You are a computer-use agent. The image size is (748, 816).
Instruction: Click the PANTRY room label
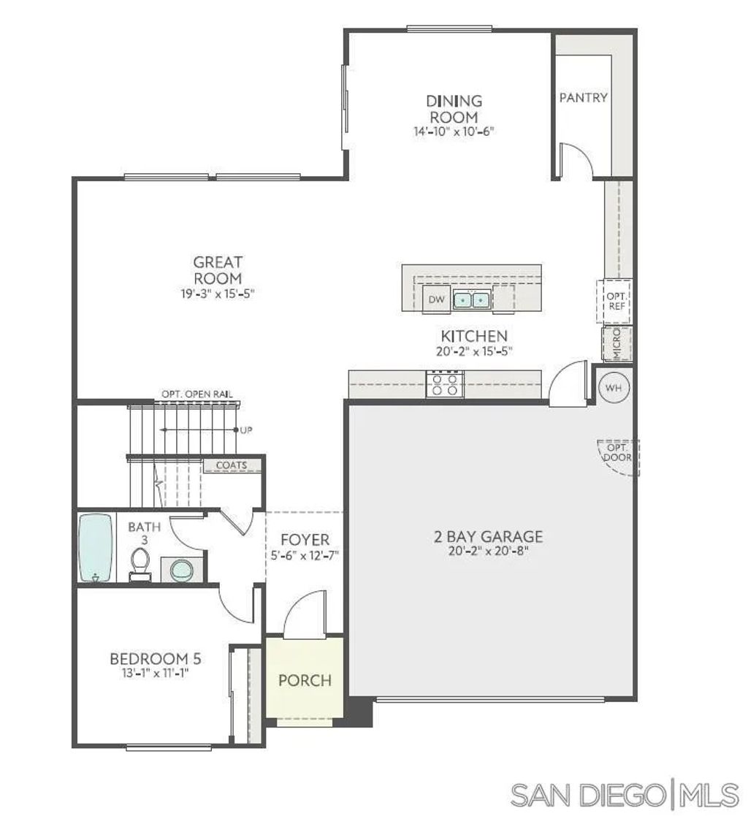(583, 97)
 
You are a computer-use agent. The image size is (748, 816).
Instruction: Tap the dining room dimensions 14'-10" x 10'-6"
(454, 132)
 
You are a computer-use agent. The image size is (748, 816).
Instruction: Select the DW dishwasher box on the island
(437, 300)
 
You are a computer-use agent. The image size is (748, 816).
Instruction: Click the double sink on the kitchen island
(471, 299)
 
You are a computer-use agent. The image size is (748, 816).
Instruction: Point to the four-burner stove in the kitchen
(445, 384)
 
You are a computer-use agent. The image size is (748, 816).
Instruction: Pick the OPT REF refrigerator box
(616, 301)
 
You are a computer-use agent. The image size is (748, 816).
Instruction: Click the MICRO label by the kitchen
(616, 344)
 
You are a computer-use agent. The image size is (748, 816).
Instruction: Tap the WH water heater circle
(613, 388)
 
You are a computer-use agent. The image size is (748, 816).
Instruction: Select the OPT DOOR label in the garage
(617, 452)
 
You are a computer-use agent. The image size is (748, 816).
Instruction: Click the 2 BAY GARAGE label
(489, 537)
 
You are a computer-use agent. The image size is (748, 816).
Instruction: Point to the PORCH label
(305, 680)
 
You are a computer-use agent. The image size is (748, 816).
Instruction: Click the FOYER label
(305, 540)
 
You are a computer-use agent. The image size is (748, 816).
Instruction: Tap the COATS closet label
(231, 465)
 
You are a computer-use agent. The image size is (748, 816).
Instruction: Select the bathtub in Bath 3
(96, 548)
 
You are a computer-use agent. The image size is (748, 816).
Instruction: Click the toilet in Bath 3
(140, 563)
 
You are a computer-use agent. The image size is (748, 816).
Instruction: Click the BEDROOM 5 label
(156, 659)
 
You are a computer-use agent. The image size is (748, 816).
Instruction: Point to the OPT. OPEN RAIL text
(197, 394)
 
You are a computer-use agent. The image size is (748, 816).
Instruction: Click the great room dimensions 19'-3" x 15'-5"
(218, 294)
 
